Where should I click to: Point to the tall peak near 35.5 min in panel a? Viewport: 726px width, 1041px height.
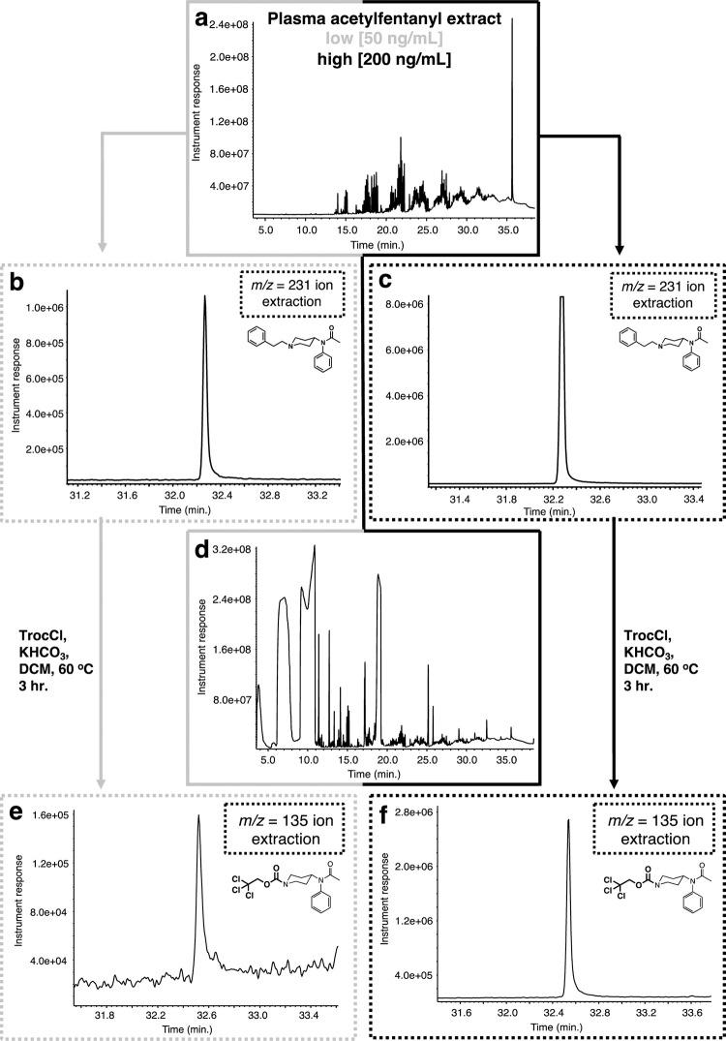click(512, 24)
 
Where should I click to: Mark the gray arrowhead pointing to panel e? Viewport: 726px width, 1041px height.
click(101, 781)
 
